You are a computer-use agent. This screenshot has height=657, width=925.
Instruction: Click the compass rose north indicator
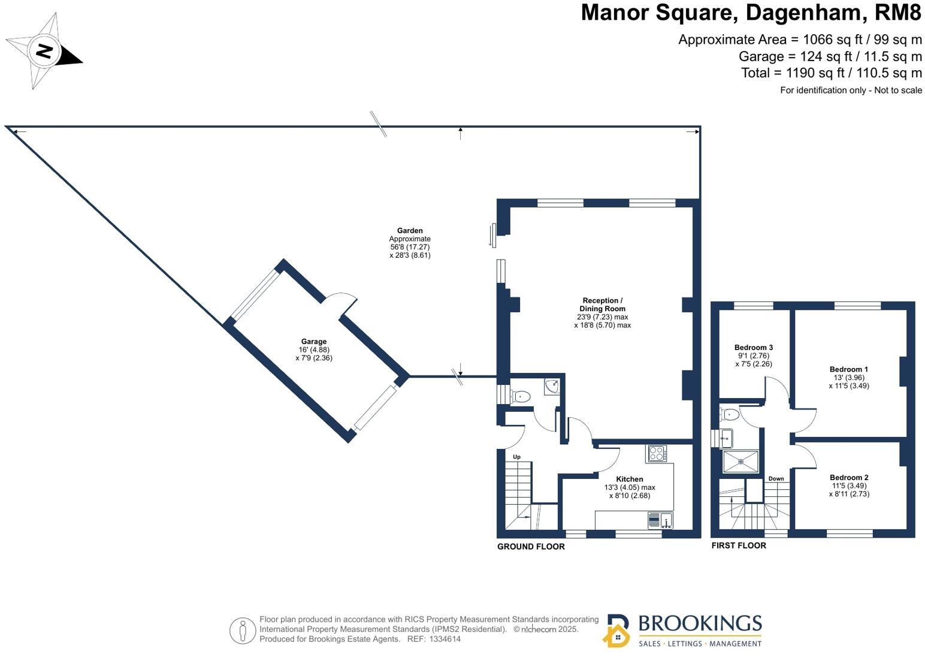(44, 51)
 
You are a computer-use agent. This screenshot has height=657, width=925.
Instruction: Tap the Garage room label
(313, 342)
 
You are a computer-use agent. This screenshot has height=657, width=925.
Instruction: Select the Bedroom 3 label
(753, 347)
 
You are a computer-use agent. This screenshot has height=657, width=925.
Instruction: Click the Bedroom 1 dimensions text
(848, 382)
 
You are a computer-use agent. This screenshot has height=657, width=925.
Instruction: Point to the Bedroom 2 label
(849, 477)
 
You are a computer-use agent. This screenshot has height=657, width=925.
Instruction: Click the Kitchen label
(629, 479)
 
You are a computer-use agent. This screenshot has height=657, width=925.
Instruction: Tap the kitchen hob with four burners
(657, 454)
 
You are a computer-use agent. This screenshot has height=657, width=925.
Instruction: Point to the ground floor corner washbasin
(552, 387)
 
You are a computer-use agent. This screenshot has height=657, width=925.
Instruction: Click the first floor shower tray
(740, 462)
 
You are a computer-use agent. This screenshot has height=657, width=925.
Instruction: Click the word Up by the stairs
(516, 457)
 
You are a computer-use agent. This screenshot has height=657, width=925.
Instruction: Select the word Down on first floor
(776, 478)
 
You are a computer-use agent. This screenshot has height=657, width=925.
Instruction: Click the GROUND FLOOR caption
(531, 547)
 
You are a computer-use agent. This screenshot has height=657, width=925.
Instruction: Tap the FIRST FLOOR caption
(739, 546)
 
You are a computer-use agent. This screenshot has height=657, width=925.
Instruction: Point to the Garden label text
(410, 230)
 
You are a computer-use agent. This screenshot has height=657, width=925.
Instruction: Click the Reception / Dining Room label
(602, 305)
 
